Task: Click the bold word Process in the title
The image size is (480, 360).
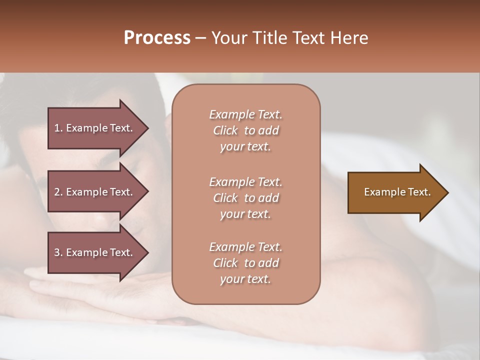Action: point(157,37)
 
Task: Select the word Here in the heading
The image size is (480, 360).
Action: point(349,37)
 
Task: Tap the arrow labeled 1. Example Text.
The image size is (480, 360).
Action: point(95,128)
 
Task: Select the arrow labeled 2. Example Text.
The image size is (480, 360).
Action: point(95,192)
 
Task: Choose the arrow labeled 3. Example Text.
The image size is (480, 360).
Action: point(95,252)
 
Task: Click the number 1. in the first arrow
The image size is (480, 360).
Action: point(58,128)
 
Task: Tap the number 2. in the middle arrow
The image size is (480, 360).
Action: point(58,192)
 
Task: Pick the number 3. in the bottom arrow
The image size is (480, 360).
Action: point(58,252)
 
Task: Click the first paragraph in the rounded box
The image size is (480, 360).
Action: point(245,130)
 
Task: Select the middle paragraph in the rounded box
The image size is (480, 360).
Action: point(245,198)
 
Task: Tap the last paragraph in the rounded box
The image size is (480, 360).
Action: point(245,263)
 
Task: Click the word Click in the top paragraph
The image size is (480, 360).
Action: point(225,130)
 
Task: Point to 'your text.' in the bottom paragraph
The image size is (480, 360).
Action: point(245,279)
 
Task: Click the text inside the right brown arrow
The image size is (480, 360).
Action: point(397,192)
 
